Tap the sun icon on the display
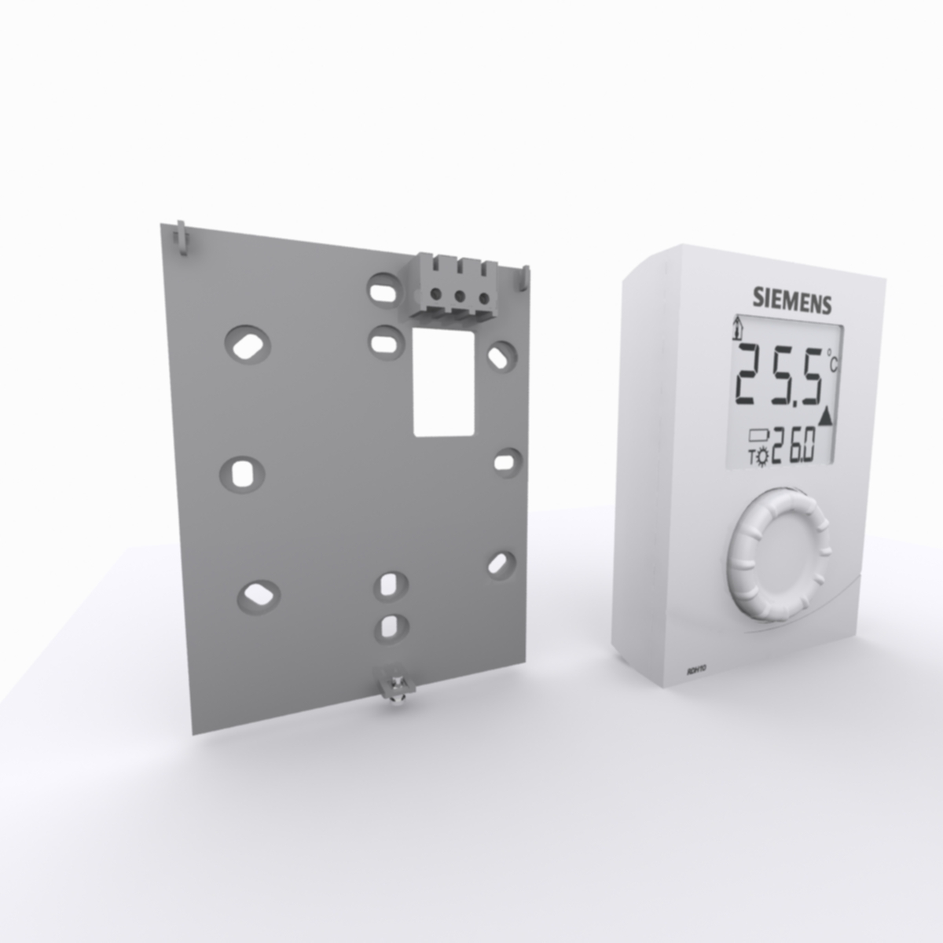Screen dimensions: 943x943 pyautogui.click(x=761, y=458)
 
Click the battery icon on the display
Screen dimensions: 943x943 pyautogui.click(x=761, y=433)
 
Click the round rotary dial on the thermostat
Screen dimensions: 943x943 pyautogui.click(x=778, y=555)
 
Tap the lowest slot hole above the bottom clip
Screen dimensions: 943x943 pyautogui.click(x=391, y=626)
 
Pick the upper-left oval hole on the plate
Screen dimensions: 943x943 pyautogui.click(x=248, y=345)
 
